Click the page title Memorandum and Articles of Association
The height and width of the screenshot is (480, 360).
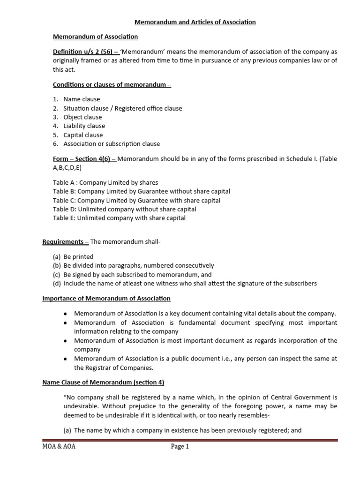[x=195, y=22]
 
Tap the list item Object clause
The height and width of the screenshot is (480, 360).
[x=82, y=117]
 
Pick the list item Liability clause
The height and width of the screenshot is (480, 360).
[x=84, y=126]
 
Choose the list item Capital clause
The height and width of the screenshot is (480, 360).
[x=83, y=135]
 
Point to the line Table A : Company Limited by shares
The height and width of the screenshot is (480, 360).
[x=105, y=182]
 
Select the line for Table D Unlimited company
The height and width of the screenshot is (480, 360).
[x=124, y=209]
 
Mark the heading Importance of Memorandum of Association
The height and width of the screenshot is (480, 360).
[x=106, y=298]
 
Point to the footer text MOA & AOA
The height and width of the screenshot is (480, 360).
[x=59, y=447]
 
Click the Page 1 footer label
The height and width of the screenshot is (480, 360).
[x=180, y=447]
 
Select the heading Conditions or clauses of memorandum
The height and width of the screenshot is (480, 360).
[x=112, y=84]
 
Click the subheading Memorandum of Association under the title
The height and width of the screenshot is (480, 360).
[x=95, y=37]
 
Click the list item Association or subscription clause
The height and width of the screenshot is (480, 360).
[x=112, y=144]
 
